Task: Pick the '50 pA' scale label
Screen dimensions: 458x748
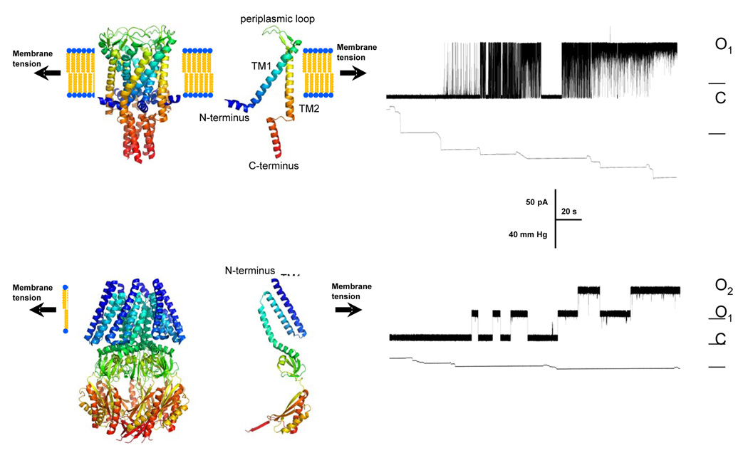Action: [537, 202]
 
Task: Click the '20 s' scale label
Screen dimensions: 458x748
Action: [569, 212]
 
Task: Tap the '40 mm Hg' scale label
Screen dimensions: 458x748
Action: [532, 234]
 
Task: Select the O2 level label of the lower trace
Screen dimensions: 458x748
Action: [724, 286]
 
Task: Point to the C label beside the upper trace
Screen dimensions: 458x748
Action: [720, 98]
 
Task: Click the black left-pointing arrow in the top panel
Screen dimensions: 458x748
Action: [46, 73]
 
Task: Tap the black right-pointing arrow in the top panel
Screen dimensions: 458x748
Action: [353, 73]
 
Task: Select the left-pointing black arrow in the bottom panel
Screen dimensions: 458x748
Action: [45, 310]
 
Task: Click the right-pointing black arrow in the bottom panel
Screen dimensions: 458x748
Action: [348, 310]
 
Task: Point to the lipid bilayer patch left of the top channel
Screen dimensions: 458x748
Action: [85, 73]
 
